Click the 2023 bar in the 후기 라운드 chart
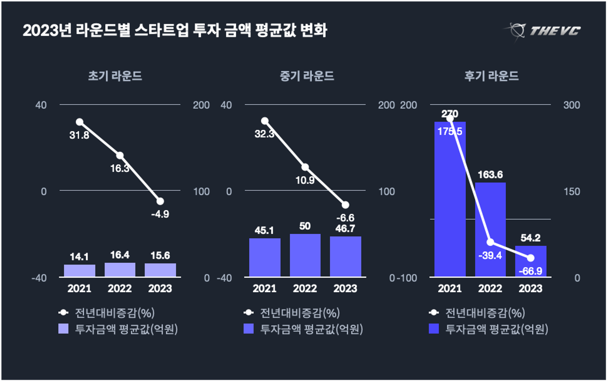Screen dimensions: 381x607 pyautogui.click(x=530, y=261)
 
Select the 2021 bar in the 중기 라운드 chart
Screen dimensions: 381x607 pyautogui.click(x=264, y=257)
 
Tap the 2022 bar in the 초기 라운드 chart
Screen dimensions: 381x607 pyautogui.click(x=120, y=270)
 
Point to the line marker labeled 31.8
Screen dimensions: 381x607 pyautogui.click(x=79, y=122)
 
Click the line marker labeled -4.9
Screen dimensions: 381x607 pyautogui.click(x=160, y=201)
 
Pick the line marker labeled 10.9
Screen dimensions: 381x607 pyautogui.click(x=305, y=167)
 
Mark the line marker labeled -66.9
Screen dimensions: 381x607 pyautogui.click(x=530, y=258)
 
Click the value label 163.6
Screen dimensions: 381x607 pyautogui.click(x=490, y=175)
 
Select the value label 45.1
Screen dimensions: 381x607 pyautogui.click(x=264, y=230)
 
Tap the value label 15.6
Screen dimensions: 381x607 pyautogui.click(x=160, y=255)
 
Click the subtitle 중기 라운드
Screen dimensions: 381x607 pyautogui.click(x=307, y=76)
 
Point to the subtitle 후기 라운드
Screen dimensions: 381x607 pyautogui.click(x=491, y=76)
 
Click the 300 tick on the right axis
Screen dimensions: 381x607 pyautogui.click(x=572, y=105)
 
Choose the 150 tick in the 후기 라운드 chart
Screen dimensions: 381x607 pyautogui.click(x=572, y=191)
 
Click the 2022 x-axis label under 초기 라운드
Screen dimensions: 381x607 pyautogui.click(x=120, y=288)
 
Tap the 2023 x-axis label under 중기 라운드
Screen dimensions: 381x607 pyautogui.click(x=345, y=288)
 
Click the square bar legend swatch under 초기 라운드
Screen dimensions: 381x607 pyautogui.click(x=64, y=329)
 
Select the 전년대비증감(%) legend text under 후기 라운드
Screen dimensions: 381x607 pyautogui.click(x=485, y=313)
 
